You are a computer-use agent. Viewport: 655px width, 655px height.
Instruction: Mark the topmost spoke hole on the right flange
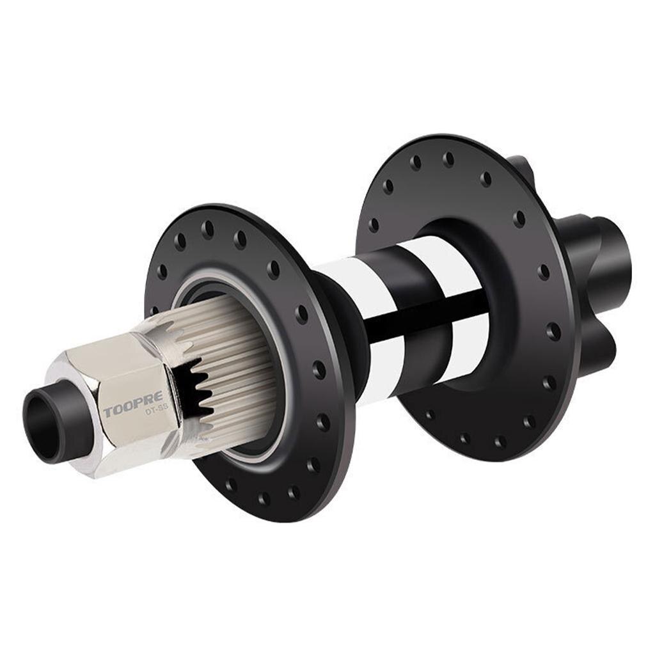pos(448,158)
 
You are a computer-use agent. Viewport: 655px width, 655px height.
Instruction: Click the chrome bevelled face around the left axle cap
pos(70,441)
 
